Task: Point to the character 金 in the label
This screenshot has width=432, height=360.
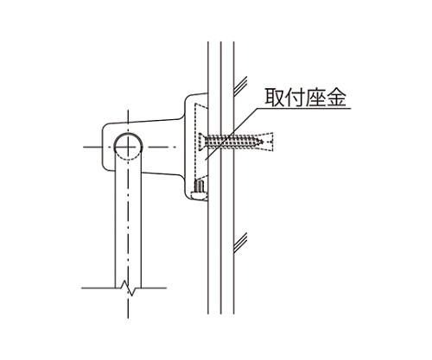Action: tap(336, 97)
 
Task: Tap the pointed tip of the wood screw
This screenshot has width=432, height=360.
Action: tap(263, 142)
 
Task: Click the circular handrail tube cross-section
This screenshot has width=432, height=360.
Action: tap(128, 133)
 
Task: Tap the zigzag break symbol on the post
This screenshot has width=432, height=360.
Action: tap(129, 287)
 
